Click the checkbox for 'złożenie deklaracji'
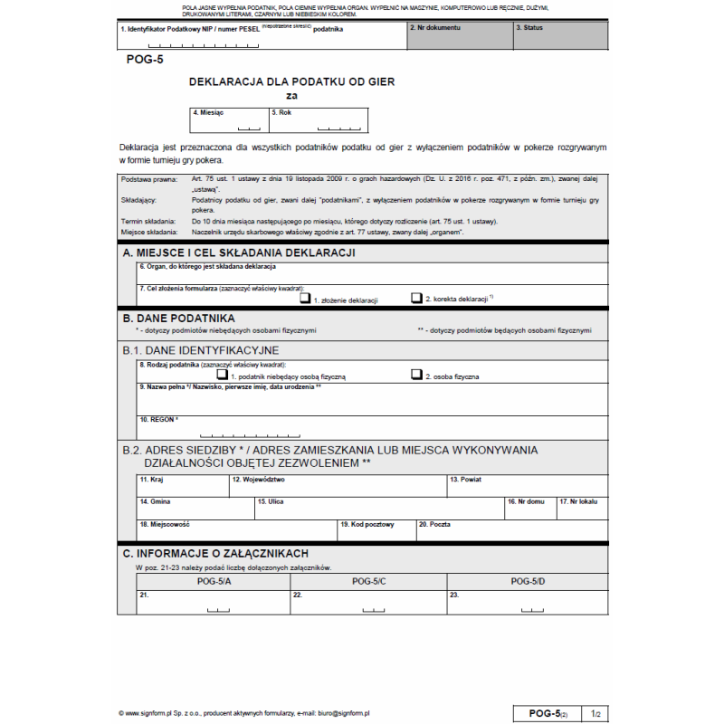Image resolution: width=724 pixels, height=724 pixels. point(306,297)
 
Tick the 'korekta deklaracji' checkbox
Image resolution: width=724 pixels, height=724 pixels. point(416,297)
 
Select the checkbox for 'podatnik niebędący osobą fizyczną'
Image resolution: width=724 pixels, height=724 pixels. point(222,374)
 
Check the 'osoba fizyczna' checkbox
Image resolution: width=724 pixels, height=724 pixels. point(416,374)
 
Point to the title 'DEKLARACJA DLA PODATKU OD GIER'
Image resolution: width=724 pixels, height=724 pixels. point(291,81)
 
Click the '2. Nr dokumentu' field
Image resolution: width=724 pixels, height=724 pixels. point(459,36)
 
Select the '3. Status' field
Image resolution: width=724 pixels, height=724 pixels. point(560,36)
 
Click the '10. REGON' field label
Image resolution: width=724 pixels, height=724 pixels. point(158,420)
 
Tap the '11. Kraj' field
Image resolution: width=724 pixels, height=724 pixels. point(182,486)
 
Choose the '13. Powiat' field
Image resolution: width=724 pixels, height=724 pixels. point(526,486)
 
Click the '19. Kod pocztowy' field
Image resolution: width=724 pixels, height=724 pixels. point(375,530)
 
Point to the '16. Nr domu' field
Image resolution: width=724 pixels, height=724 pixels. point(529,508)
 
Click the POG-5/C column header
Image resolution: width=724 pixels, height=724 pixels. point(368,580)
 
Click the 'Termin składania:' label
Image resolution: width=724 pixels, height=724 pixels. point(148,222)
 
